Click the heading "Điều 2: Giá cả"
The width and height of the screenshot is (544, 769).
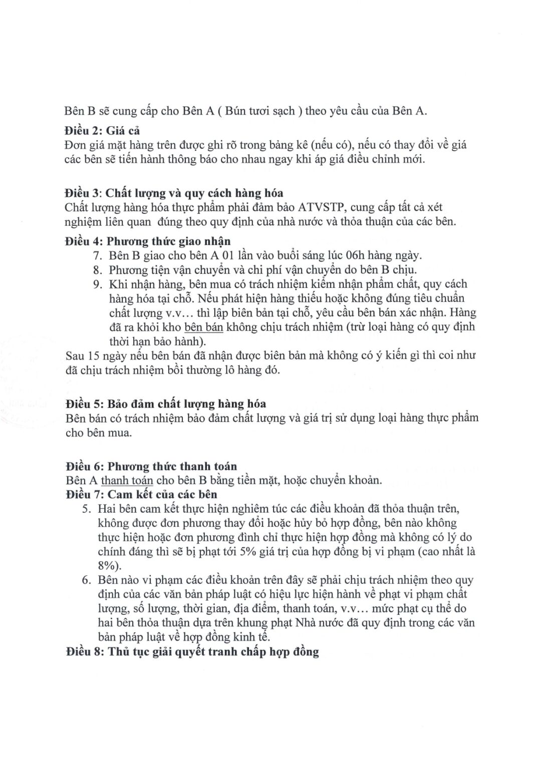[x=102, y=131]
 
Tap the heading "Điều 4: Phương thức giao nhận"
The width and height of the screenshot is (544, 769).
[x=148, y=241]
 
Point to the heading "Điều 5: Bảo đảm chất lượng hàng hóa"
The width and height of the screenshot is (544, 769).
[x=165, y=404]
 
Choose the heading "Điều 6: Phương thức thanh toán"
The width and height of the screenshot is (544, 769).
[x=151, y=467]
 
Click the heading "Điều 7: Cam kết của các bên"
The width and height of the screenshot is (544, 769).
[x=141, y=495]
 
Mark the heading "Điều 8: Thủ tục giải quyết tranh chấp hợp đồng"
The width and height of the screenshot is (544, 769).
[x=192, y=652]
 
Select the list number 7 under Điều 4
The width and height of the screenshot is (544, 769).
[x=97, y=255]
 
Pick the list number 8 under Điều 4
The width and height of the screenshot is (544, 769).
[x=97, y=270]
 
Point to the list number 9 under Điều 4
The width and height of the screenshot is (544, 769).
[x=97, y=284]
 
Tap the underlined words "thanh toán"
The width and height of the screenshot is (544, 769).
[x=127, y=481]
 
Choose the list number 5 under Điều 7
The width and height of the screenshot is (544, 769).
[x=87, y=509]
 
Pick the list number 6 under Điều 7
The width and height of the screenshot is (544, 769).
[x=87, y=580]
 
